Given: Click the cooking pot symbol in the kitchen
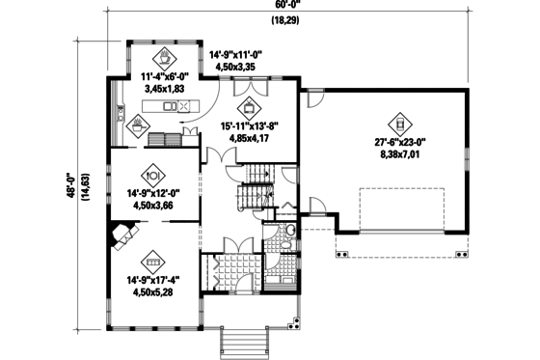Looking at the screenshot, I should coord(139,124).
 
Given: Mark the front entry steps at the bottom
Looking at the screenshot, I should coord(240,341).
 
